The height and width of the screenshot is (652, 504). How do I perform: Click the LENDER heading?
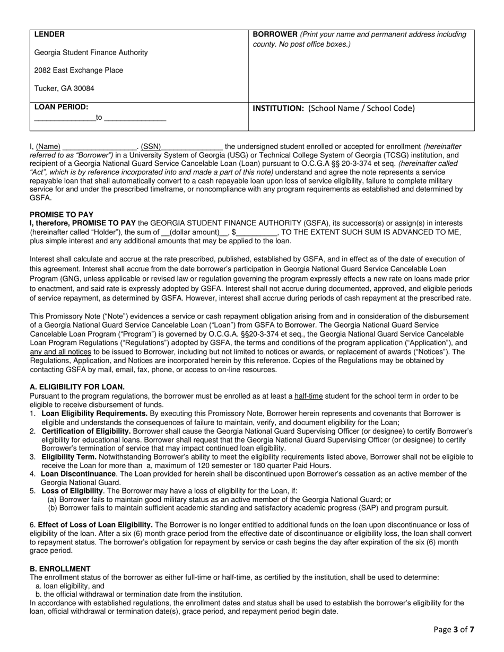[49, 34]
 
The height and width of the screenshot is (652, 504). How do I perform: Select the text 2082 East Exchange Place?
[79, 70]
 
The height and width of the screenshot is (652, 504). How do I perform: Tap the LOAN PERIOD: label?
[61, 107]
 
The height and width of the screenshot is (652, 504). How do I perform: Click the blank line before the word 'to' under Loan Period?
[64, 119]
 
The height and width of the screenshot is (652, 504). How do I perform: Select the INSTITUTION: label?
[279, 108]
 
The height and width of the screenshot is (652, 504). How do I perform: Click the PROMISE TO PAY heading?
[61, 215]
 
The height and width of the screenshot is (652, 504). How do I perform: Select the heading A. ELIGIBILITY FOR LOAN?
[77, 387]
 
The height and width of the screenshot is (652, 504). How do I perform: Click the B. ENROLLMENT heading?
[60, 569]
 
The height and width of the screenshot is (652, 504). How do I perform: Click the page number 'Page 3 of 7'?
[454, 630]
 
